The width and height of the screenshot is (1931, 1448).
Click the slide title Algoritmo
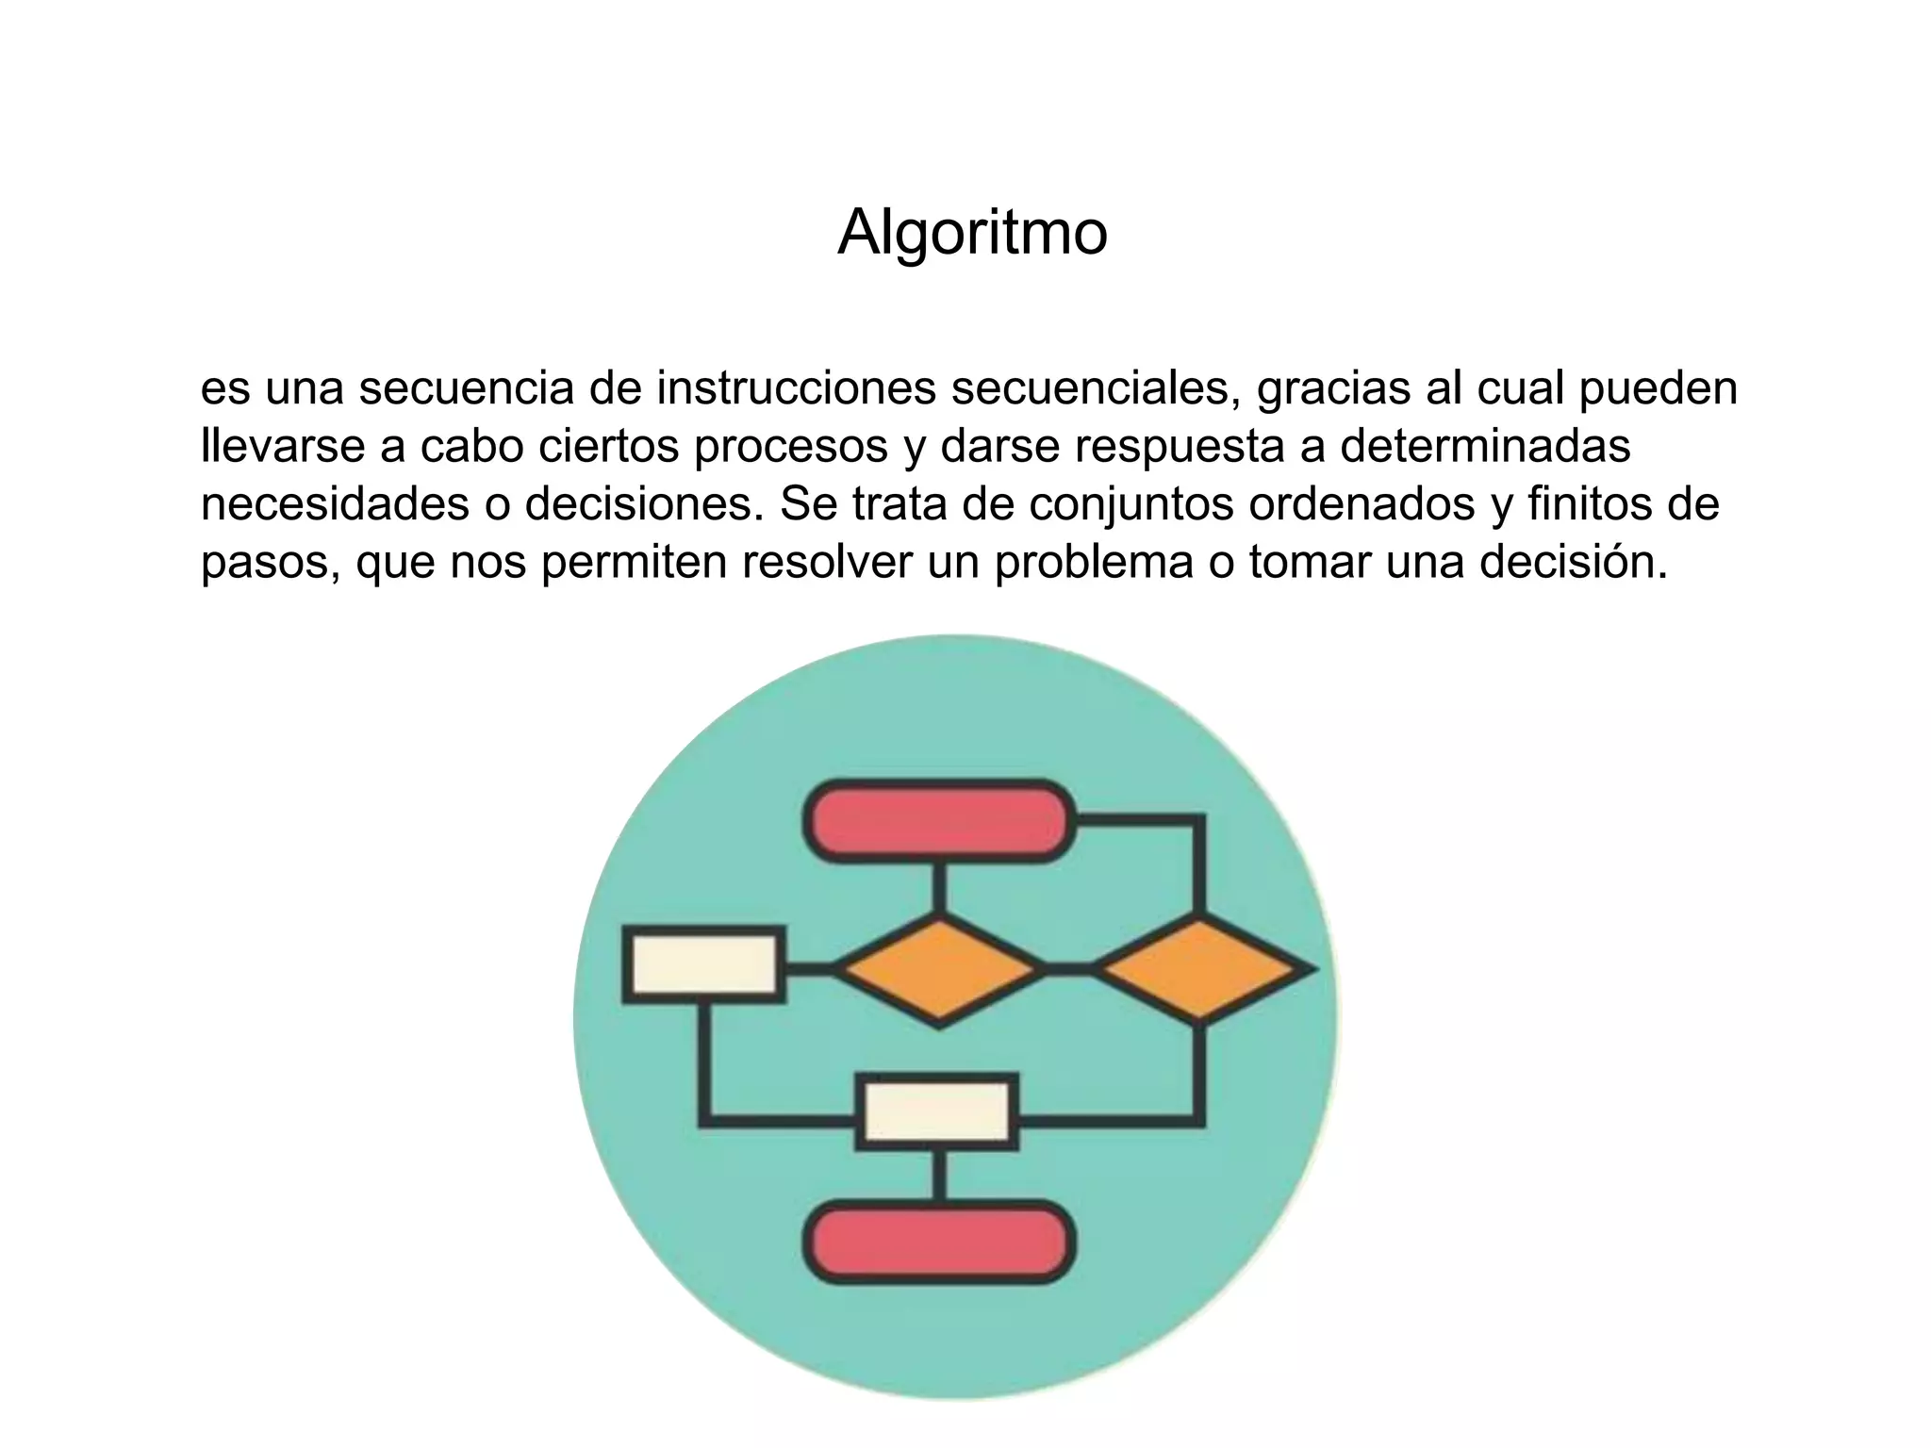coord(972,232)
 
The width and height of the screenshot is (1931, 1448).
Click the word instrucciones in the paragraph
coord(796,387)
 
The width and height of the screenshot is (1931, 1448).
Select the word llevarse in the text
coord(282,446)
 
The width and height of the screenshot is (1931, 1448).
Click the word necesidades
coord(335,504)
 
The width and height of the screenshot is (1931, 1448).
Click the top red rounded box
coord(939,821)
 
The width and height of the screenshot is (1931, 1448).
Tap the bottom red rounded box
coord(939,1242)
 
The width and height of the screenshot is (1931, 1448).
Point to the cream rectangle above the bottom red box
coord(937,1112)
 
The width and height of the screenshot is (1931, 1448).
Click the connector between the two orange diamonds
coord(1069,969)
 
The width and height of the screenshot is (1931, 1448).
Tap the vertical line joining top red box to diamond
coord(939,887)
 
